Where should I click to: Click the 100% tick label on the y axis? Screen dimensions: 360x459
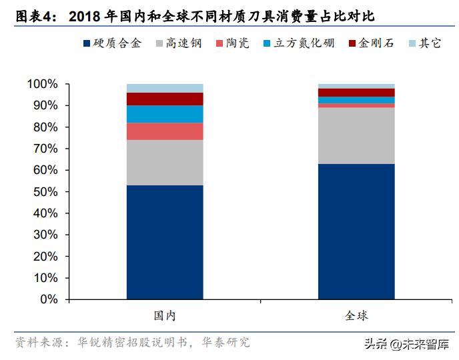[43, 84]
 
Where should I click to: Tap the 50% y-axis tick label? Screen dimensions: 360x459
[45, 191]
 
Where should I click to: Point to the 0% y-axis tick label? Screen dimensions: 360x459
[49, 299]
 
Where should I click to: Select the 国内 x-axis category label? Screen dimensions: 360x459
[165, 315]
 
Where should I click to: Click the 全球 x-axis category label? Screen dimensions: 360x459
[356, 315]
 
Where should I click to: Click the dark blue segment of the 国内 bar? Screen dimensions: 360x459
[165, 242]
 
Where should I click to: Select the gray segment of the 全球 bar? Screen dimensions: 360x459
[356, 136]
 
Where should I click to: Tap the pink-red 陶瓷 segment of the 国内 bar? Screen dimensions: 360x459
[165, 131]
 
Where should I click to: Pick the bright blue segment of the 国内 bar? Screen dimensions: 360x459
[165, 114]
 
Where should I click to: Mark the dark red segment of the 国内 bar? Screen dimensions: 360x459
[165, 99]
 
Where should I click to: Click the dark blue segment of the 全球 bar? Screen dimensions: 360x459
[356, 231]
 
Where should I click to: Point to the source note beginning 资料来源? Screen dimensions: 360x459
[133, 343]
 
